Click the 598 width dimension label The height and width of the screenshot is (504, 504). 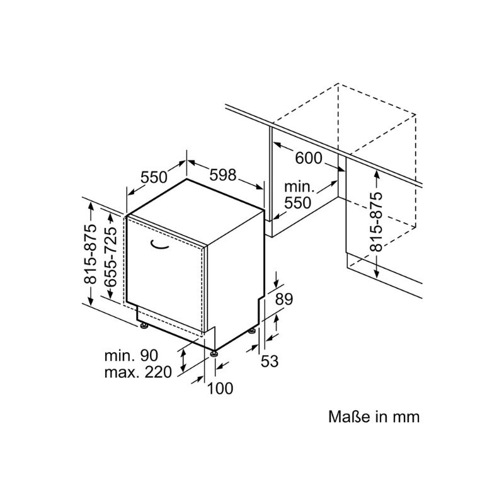click(223, 175)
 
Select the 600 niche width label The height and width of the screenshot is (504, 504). click(308, 158)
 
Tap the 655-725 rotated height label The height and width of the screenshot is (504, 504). click(110, 256)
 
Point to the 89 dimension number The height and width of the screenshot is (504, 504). click(284, 299)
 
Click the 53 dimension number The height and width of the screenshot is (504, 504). click(270, 361)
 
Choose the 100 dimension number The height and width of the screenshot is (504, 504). click(220, 388)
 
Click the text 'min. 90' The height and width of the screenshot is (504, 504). click(132, 355)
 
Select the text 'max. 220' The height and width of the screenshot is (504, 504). click(138, 372)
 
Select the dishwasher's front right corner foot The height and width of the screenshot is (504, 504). click(214, 353)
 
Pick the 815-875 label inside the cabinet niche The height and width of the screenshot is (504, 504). click(375, 222)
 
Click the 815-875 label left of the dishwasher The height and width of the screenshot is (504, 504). click(90, 254)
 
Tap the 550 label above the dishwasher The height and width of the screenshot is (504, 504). click(154, 177)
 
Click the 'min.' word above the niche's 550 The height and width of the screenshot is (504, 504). click(299, 186)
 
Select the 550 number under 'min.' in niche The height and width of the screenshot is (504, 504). click(297, 202)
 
